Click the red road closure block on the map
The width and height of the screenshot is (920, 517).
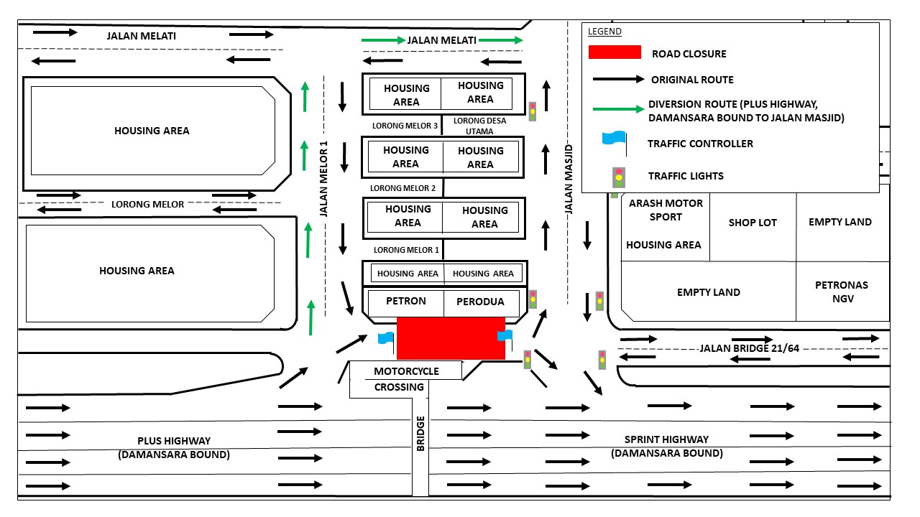click(451, 337)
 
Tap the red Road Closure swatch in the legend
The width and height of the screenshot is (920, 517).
click(615, 52)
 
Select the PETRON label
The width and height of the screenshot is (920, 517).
click(405, 301)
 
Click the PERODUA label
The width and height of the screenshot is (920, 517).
click(480, 302)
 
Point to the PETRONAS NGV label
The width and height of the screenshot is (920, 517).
click(842, 291)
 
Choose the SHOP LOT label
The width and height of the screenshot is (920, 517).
click(753, 223)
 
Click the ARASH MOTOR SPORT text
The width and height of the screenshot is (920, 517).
click(666, 210)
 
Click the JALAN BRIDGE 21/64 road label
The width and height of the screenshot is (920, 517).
click(749, 348)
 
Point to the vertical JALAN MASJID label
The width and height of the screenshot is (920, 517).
click(569, 179)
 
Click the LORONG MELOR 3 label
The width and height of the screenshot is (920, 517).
click(405, 126)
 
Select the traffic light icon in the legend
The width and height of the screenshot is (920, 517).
click(617, 177)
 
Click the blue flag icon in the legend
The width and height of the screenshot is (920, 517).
click(615, 141)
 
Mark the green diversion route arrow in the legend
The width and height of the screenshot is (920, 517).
click(617, 109)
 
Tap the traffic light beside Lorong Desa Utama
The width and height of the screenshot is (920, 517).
click(533, 111)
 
